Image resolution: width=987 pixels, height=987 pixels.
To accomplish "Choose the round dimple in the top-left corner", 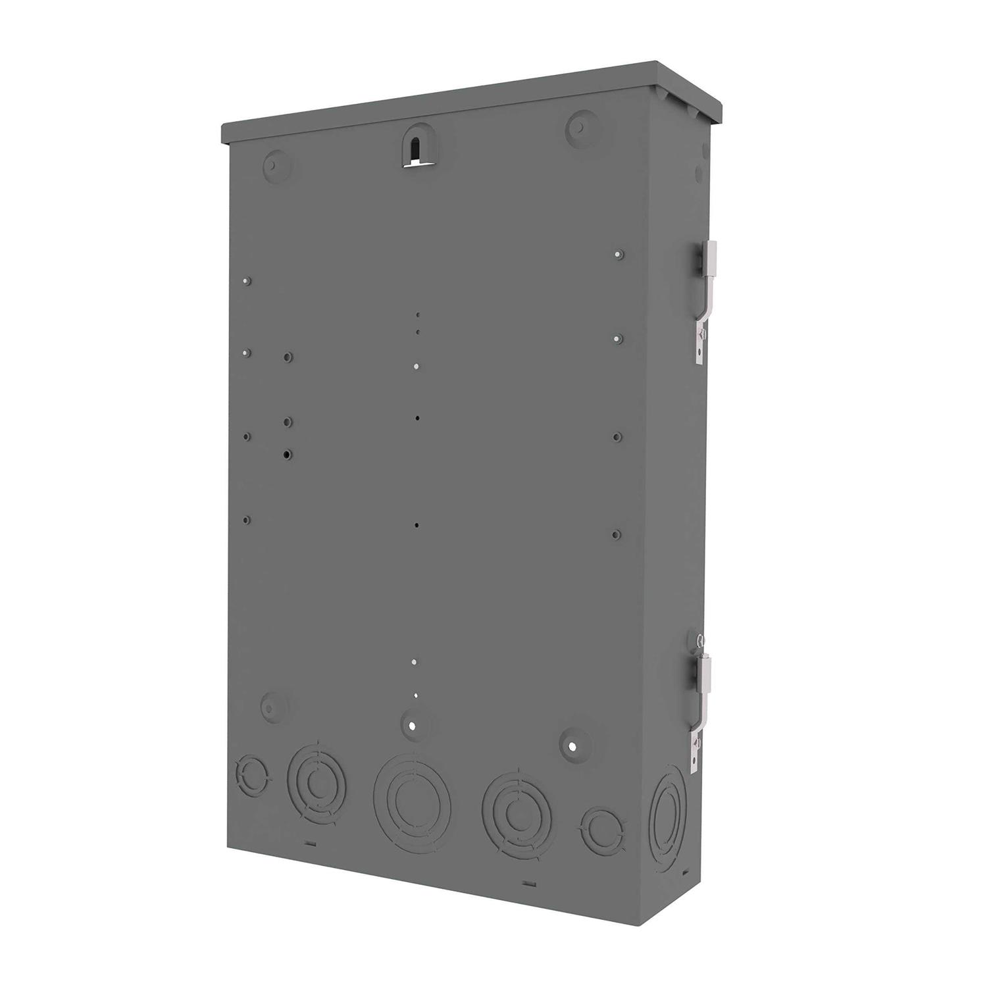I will click(274, 162).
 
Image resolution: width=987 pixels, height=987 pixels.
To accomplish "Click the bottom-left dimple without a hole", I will click(270, 706).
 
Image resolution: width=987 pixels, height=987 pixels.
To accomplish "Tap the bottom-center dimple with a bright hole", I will click(411, 726).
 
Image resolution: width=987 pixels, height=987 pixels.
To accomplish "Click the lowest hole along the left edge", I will click(246, 520).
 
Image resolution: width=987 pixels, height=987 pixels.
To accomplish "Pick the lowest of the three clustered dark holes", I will click(288, 454).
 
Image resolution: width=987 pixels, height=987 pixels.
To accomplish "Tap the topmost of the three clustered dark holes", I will click(288, 357).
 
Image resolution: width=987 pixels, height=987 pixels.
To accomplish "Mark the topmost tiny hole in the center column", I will click(417, 315).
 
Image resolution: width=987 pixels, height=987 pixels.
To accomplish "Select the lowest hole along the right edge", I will click(616, 534).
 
